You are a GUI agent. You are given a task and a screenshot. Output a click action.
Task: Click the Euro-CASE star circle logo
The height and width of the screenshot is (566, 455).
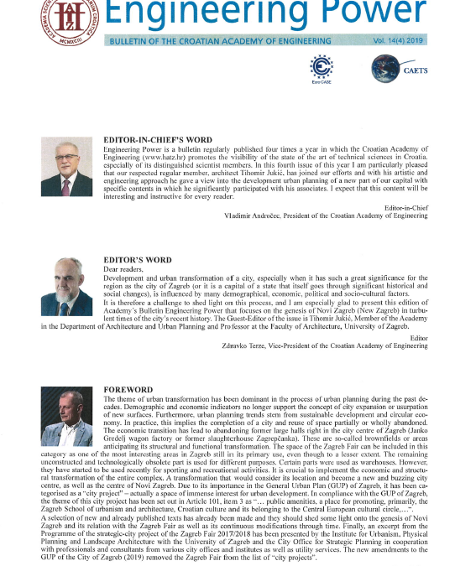pyautogui.click(x=322, y=65)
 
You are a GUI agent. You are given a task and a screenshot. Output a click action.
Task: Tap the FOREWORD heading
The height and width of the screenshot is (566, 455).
pyautogui.click(x=128, y=390)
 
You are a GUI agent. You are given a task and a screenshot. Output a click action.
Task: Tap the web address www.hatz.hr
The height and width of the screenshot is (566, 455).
pyautogui.click(x=168, y=156)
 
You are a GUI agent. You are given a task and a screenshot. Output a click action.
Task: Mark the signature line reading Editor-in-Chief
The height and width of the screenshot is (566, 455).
pyautogui.click(x=405, y=206)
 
